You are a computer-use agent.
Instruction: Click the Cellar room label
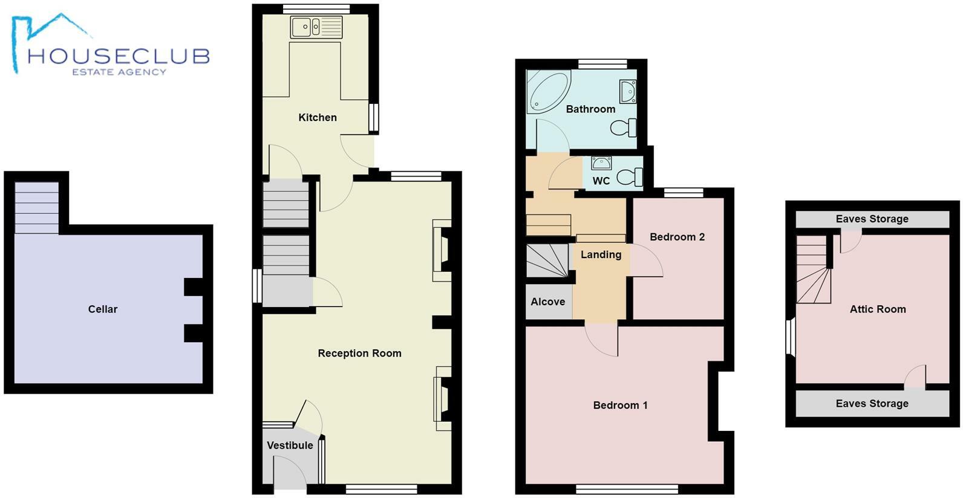point(103,309)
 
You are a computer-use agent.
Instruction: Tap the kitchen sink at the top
point(316,27)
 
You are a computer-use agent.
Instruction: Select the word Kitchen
point(318,117)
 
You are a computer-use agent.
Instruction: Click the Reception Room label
point(359,354)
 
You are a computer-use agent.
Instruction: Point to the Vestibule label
point(290,445)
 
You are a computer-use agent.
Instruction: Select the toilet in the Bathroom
point(623,128)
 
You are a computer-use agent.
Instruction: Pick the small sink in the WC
point(601,163)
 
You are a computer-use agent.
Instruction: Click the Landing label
point(601,254)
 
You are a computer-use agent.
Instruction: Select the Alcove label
point(548,302)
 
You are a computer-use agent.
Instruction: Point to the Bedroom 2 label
point(677,237)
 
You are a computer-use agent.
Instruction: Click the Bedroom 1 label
point(620,406)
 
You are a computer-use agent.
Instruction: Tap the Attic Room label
point(878,309)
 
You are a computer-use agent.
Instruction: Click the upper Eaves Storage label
point(872,219)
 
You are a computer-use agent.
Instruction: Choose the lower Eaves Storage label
point(872,404)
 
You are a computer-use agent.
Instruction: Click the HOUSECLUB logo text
point(119,56)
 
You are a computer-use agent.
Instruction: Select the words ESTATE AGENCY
point(119,72)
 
